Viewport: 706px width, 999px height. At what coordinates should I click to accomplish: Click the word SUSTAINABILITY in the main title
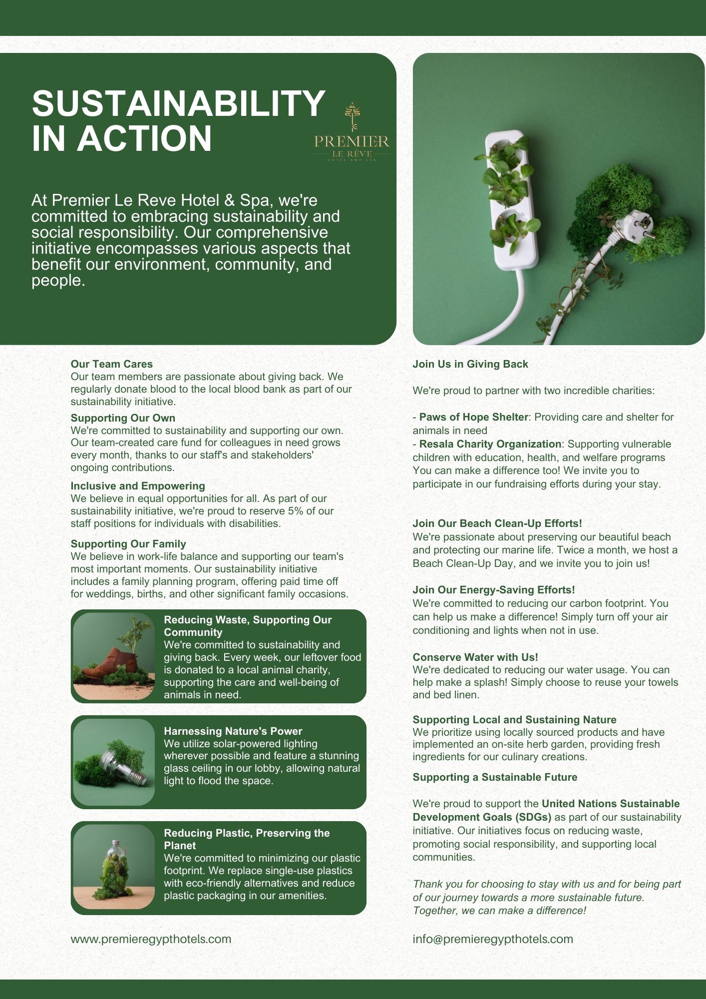pos(178,103)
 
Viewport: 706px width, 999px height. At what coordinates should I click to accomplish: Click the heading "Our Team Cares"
pos(112,364)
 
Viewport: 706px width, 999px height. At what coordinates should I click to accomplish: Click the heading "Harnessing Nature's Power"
pos(233,731)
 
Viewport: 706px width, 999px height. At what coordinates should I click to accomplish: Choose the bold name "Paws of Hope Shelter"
pos(473,417)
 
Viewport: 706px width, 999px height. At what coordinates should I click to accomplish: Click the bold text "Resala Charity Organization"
pos(490,444)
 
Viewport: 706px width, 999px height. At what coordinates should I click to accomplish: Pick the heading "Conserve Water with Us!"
pos(475,657)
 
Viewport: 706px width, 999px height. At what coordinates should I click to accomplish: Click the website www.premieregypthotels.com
pos(151,939)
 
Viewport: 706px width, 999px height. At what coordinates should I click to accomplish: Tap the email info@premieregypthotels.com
pos(492,939)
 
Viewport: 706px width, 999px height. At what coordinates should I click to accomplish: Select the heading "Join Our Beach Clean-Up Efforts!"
pos(497,523)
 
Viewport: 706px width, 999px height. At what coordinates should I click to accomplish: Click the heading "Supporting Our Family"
pos(128,544)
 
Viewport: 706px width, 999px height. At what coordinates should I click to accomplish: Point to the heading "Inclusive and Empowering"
pos(138,486)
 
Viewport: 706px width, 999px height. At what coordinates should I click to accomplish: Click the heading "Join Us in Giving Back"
pos(470,364)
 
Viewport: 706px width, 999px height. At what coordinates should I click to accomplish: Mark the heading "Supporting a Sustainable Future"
pos(494,777)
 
